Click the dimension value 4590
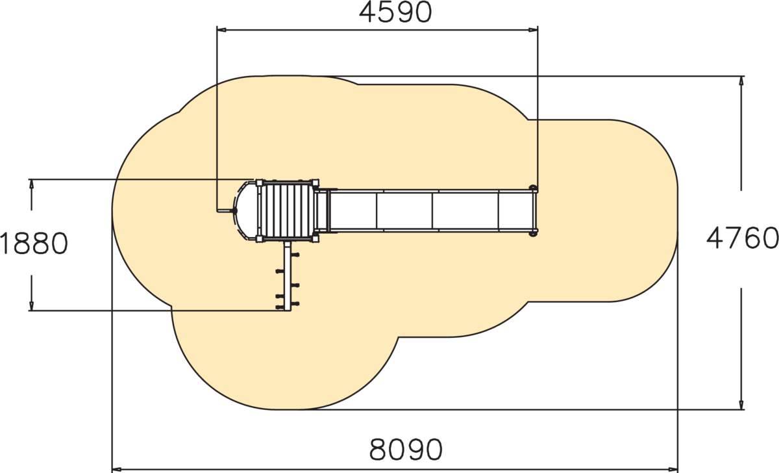tap(395, 12)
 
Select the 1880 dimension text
tap(34, 243)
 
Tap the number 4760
tap(743, 238)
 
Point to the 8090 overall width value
tap(406, 450)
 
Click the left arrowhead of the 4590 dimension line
tap(221, 30)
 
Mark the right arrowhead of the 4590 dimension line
tap(533, 30)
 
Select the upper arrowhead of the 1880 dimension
tap(31, 184)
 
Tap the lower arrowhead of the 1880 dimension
tap(31, 305)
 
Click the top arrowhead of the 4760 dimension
tap(741, 81)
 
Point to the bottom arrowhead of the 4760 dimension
tap(741, 404)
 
